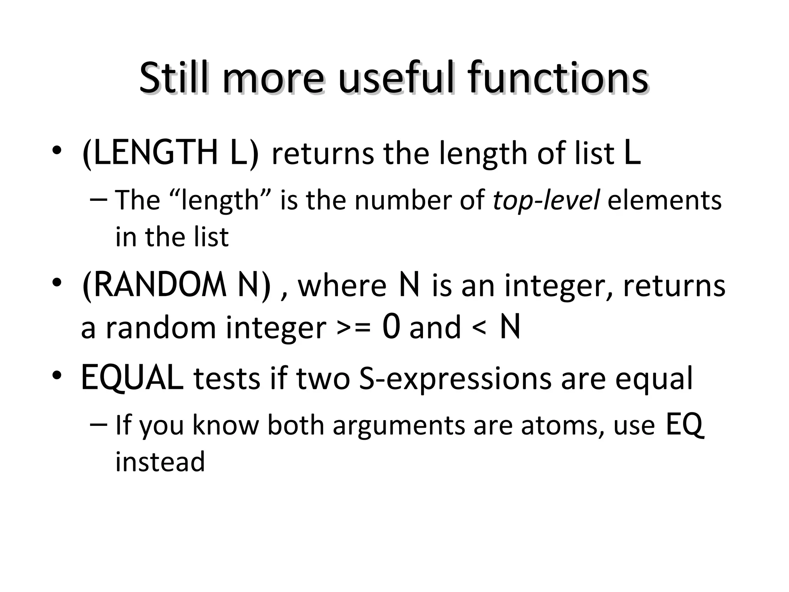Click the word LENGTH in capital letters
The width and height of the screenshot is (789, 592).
pyautogui.click(x=156, y=153)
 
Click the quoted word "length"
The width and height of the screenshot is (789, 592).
pyautogui.click(x=220, y=201)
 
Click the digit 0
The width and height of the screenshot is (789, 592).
pyautogui.click(x=391, y=327)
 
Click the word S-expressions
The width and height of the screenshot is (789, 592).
pyautogui.click(x=455, y=379)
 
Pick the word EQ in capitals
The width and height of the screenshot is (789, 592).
pyautogui.click(x=685, y=425)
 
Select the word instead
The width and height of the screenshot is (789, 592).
pyautogui.click(x=160, y=462)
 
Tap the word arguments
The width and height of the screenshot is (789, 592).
pyautogui.click(x=399, y=426)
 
